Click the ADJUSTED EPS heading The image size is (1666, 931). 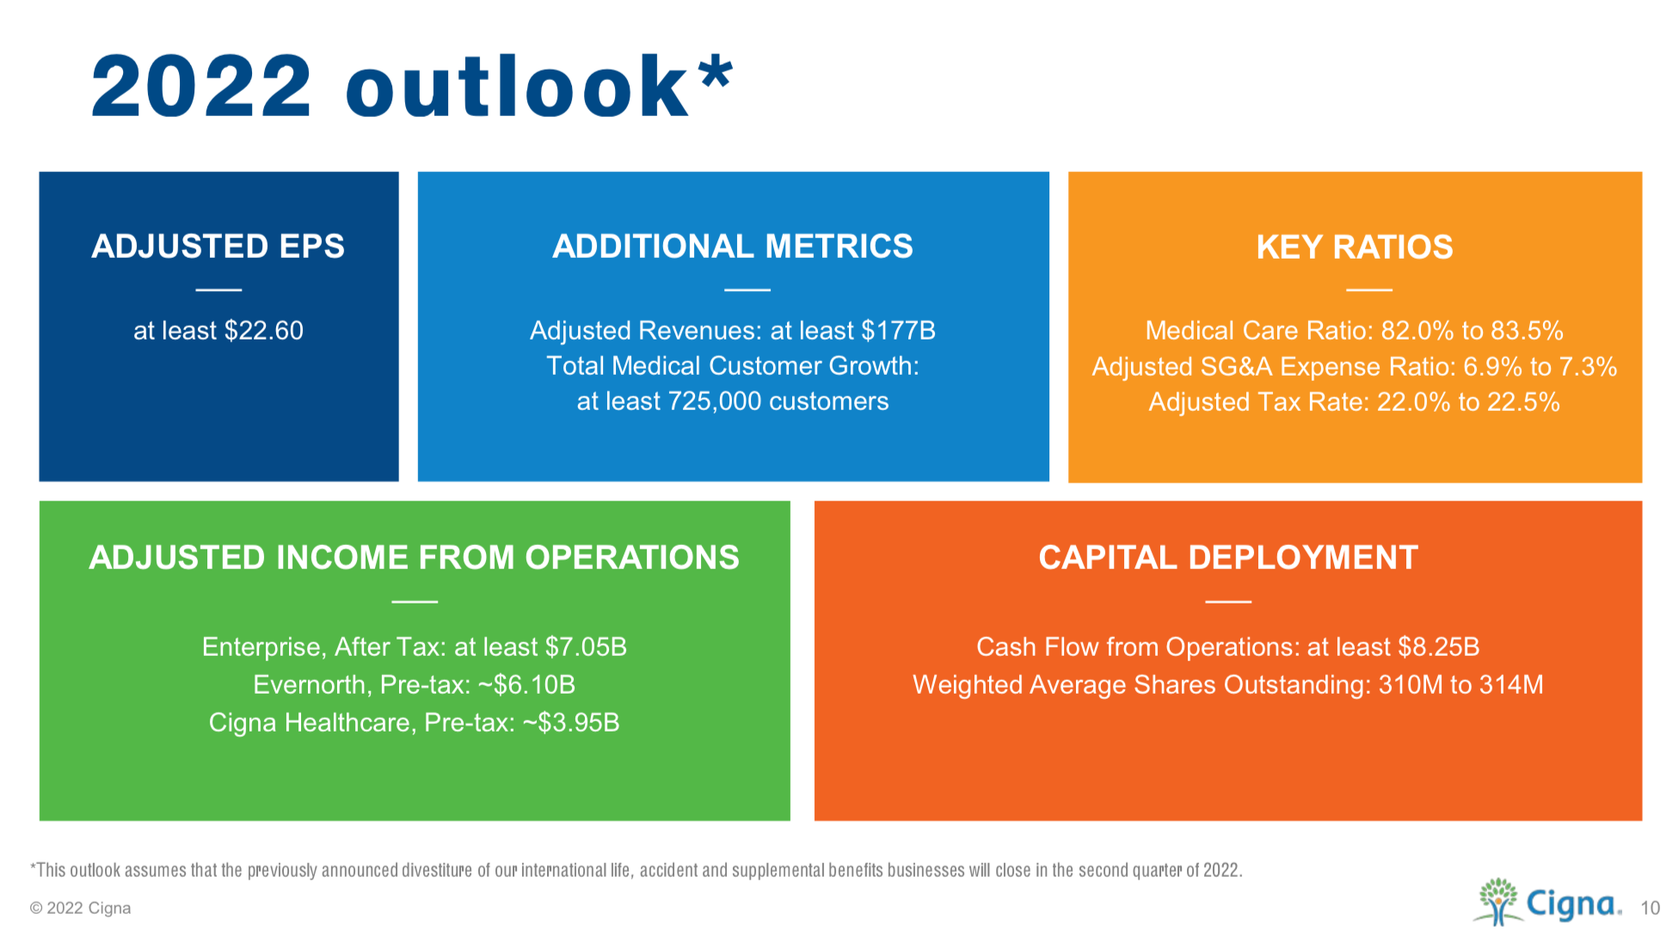click(x=218, y=247)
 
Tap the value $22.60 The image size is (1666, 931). click(x=264, y=331)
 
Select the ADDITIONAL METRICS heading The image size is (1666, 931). click(x=733, y=247)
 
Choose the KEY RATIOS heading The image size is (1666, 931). click(x=1355, y=248)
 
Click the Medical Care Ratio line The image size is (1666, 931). click(x=1355, y=331)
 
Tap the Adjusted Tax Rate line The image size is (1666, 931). click(x=1355, y=402)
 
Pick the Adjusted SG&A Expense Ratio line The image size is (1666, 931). click(x=1355, y=367)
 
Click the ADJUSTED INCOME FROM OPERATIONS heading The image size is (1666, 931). click(x=415, y=558)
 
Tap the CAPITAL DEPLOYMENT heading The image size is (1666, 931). click(x=1228, y=558)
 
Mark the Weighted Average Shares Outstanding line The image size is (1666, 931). click(x=1228, y=685)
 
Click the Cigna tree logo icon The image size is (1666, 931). click(x=1498, y=901)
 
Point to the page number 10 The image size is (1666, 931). click(x=1650, y=909)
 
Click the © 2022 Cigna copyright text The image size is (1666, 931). click(x=81, y=909)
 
